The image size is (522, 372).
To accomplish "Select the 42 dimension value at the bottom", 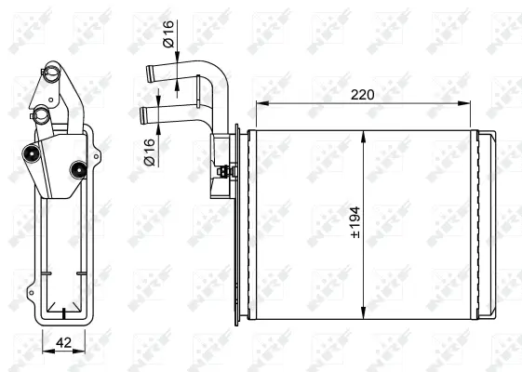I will [61, 341].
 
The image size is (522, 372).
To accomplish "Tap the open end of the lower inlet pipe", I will [141, 115].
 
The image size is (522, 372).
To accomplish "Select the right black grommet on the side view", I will [78, 169].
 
